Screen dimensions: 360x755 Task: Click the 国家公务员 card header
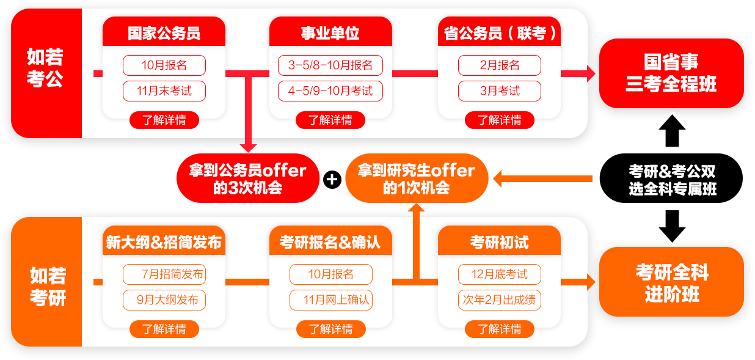click(164, 33)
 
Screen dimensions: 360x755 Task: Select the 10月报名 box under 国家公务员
click(164, 65)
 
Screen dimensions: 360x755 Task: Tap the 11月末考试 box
click(164, 91)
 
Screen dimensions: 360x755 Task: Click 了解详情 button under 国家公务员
click(164, 120)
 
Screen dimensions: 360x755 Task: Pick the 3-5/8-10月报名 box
click(330, 65)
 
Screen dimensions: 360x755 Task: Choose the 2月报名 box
click(499, 65)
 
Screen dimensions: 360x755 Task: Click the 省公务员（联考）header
click(499, 33)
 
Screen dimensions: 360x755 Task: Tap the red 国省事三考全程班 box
click(671, 73)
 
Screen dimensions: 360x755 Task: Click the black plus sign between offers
click(332, 179)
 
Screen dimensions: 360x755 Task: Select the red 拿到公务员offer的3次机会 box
click(247, 178)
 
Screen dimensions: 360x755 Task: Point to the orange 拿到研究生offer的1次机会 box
click(416, 178)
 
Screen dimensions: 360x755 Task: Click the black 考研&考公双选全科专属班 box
click(671, 179)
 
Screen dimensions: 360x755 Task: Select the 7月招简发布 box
click(164, 274)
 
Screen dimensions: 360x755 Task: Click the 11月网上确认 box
click(330, 300)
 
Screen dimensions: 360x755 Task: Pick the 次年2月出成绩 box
click(499, 300)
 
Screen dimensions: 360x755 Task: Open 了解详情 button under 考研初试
click(499, 329)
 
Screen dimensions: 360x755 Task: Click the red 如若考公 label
click(46, 68)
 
